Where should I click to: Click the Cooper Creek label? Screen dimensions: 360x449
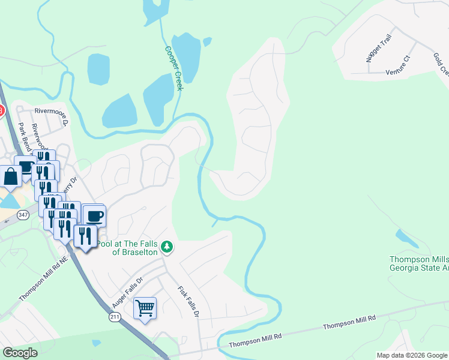coord(173,68)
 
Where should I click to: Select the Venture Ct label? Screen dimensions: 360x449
coord(398,65)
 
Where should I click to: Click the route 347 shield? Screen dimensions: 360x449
coord(23,215)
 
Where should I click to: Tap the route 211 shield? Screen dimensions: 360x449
coord(115,316)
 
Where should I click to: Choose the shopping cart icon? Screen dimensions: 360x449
coord(145,308)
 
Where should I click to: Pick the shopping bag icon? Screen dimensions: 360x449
coord(11,176)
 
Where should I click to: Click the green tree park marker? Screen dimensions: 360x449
coord(169,247)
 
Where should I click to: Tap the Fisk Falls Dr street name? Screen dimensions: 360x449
coord(187,302)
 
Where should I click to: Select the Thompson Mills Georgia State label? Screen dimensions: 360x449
coord(419,264)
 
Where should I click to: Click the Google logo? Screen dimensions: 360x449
coord(20,352)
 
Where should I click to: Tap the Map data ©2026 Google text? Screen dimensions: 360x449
coord(411,355)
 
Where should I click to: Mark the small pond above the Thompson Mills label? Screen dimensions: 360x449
coord(408,239)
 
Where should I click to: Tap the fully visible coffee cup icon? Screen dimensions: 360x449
coord(94,215)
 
